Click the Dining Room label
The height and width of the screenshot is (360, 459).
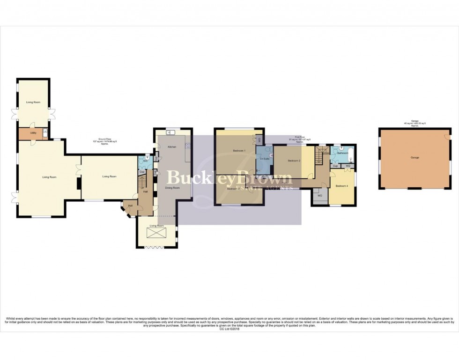pyautogui.click(x=172, y=188)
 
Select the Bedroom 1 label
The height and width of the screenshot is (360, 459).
pyautogui.click(x=239, y=151)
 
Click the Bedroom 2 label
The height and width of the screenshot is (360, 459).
pyautogui.click(x=294, y=161)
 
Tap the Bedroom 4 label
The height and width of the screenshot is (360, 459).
pyautogui.click(x=341, y=186)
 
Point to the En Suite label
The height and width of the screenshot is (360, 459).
pyautogui.click(x=264, y=159)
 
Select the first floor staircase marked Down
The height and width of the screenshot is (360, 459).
pyautogui.click(x=320, y=155)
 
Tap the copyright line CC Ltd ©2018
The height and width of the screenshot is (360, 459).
pyautogui.click(x=229, y=329)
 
